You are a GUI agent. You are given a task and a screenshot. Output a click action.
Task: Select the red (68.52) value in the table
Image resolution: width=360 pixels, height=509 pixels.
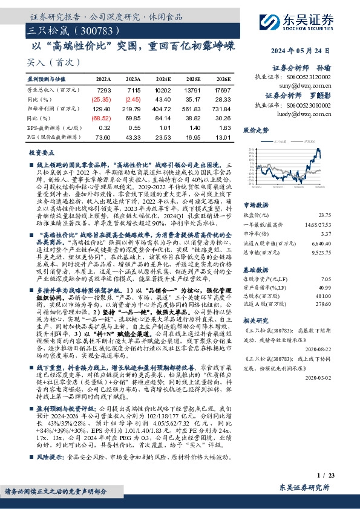102,118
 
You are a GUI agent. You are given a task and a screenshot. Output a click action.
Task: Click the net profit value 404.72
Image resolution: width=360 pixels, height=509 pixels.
162,109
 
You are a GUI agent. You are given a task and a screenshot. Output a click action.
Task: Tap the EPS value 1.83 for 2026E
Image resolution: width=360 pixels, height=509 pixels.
224,128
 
